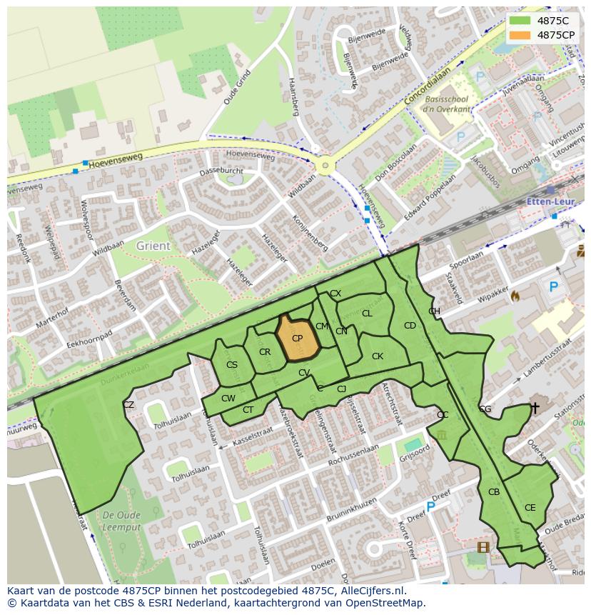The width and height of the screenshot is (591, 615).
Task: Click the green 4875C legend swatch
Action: [x=520, y=21]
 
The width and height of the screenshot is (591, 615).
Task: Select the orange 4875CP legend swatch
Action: [x=520, y=35]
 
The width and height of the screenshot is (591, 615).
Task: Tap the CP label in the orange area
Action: [x=297, y=339]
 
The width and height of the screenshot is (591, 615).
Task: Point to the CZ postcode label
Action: [x=128, y=405]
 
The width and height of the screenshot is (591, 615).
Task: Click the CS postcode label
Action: [x=231, y=365]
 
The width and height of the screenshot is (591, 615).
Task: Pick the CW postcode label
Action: [x=228, y=399]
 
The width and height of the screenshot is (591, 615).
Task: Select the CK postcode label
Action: [x=378, y=356]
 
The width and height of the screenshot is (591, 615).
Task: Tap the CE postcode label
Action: [x=530, y=508]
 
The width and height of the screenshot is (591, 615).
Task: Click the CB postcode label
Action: [x=494, y=492]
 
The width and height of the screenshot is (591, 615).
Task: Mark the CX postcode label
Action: [x=335, y=294]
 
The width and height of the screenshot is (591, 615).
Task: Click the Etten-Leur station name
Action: [x=550, y=202]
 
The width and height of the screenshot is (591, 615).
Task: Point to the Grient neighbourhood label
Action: [x=153, y=246]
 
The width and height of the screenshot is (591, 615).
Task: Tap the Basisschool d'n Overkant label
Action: [x=447, y=104]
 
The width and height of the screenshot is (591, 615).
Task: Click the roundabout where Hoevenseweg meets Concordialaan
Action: [x=325, y=166]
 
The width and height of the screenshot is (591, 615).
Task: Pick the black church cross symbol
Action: [x=535, y=408]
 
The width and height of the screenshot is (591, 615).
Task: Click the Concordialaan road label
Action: [x=428, y=87]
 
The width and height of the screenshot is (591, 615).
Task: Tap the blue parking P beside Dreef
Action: [x=430, y=506]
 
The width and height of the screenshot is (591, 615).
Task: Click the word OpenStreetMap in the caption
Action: [x=383, y=603]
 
